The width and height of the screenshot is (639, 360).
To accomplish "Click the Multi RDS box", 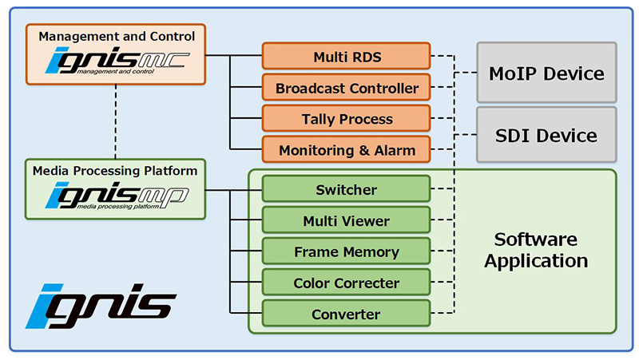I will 346,56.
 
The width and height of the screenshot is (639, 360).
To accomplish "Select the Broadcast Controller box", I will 346,87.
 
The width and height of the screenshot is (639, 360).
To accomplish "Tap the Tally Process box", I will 346,119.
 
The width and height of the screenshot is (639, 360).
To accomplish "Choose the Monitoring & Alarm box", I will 346,150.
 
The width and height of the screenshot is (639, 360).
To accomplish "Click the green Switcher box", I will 346,190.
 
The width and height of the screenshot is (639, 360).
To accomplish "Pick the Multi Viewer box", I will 346,220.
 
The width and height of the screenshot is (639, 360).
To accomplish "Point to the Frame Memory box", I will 346,251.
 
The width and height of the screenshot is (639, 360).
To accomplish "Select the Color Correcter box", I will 346,283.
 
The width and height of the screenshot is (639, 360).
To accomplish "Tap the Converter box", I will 346,314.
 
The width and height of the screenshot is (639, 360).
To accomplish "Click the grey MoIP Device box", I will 546,73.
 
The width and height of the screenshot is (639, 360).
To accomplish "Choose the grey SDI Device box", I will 546,136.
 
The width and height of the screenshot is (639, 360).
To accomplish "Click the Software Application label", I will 535,250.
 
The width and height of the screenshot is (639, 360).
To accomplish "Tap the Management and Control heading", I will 117,35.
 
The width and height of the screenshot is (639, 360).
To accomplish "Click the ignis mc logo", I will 116,61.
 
